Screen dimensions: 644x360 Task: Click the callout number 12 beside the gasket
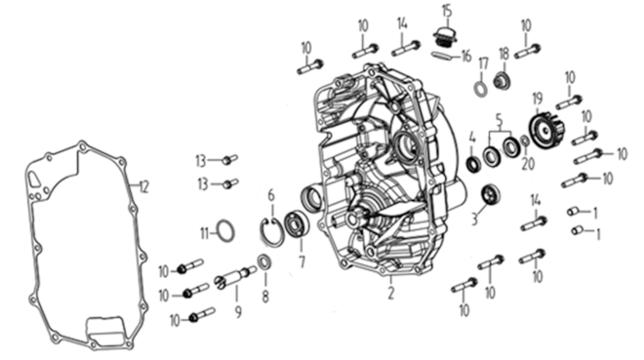coord(143,187)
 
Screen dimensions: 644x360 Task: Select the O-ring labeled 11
coord(225,221)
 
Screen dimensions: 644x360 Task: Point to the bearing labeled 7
coord(296,224)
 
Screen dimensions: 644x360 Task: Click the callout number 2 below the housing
coord(391,293)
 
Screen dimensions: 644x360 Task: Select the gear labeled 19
coord(546,129)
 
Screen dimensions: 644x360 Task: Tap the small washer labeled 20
coord(525,140)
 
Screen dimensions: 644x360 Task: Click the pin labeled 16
coord(442,56)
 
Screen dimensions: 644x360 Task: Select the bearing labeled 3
coord(491,194)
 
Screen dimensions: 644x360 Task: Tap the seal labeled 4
coord(474,164)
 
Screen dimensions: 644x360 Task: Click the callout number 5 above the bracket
coord(500,120)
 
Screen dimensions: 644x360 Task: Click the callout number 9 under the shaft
coord(238,312)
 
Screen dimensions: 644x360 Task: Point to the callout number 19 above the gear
coord(538,99)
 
